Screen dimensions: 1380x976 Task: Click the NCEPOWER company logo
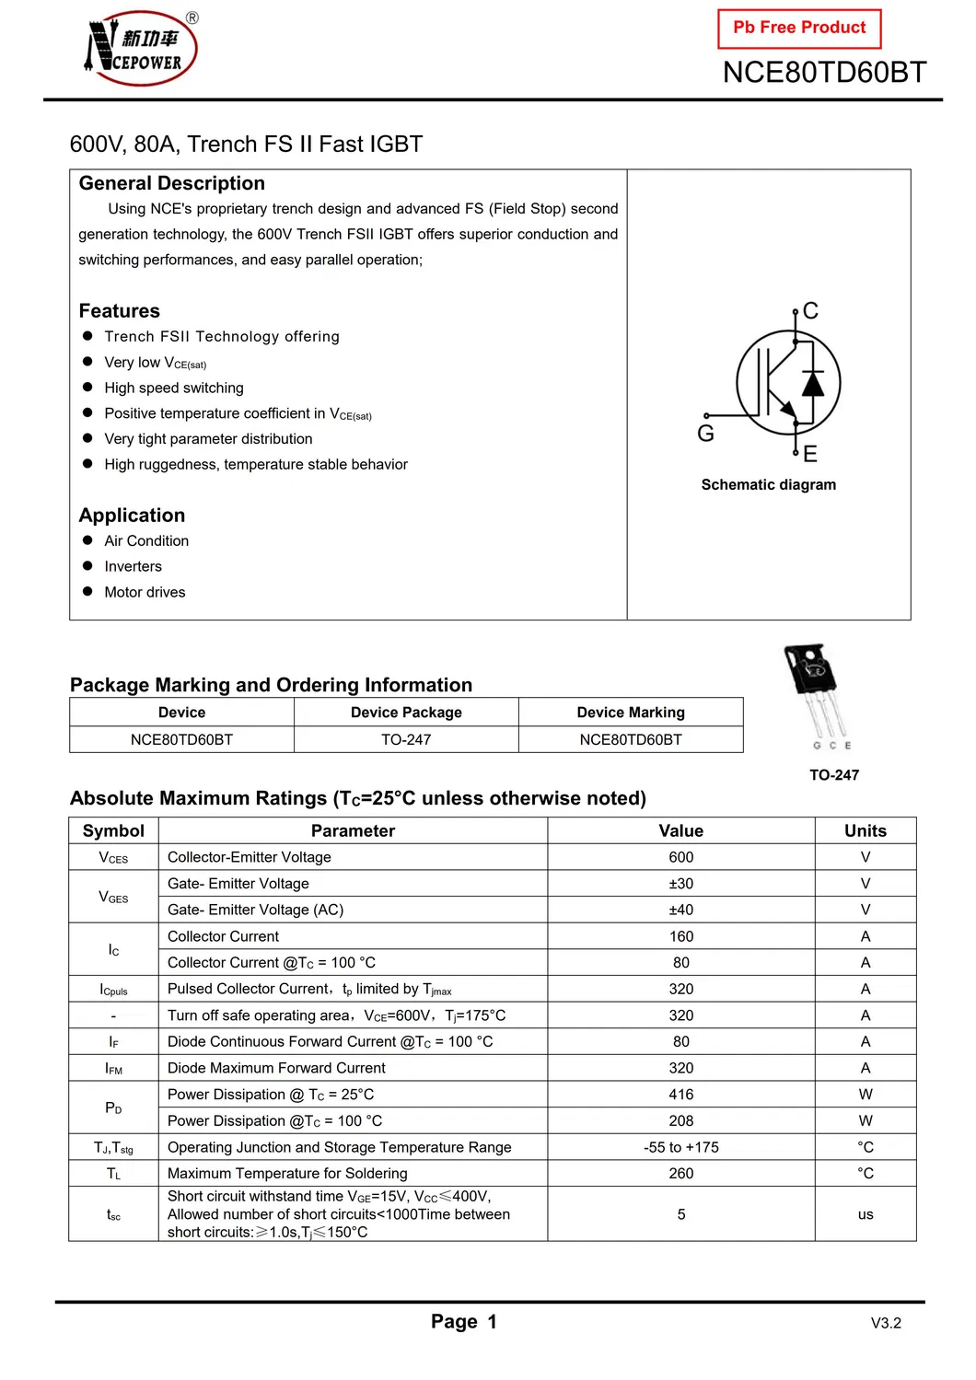pyautogui.click(x=141, y=49)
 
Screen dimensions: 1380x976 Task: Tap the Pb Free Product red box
pyautogui.click(x=799, y=29)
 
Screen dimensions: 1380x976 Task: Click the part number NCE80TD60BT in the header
pyautogui.click(x=824, y=73)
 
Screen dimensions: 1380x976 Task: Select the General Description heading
pyautogui.click(x=172, y=183)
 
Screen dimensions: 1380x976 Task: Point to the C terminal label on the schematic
pyautogui.click(x=810, y=311)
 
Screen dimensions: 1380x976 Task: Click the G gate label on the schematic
pyautogui.click(x=706, y=434)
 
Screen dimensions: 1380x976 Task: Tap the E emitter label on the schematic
pyautogui.click(x=810, y=454)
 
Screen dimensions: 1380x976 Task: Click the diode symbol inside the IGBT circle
pyautogui.click(x=812, y=382)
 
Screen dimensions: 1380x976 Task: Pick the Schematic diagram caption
pyautogui.click(x=769, y=485)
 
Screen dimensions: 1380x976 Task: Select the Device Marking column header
pyautogui.click(x=631, y=713)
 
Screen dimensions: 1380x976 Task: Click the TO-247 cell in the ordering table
pyautogui.click(x=406, y=739)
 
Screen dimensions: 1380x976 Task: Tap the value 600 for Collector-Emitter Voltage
pyautogui.click(x=681, y=857)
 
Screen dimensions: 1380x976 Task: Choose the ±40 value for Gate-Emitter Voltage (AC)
pyautogui.click(x=681, y=910)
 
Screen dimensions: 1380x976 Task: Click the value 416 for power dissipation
pyautogui.click(x=681, y=1095)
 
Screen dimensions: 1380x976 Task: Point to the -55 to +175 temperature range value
pyautogui.click(x=681, y=1147)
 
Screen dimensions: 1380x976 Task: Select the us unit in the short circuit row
pyautogui.click(x=866, y=1214)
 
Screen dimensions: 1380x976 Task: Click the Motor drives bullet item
pyautogui.click(x=145, y=592)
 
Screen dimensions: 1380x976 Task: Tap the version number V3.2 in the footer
pyautogui.click(x=886, y=1323)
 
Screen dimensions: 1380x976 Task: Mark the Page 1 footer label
pyautogui.click(x=464, y=1322)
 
